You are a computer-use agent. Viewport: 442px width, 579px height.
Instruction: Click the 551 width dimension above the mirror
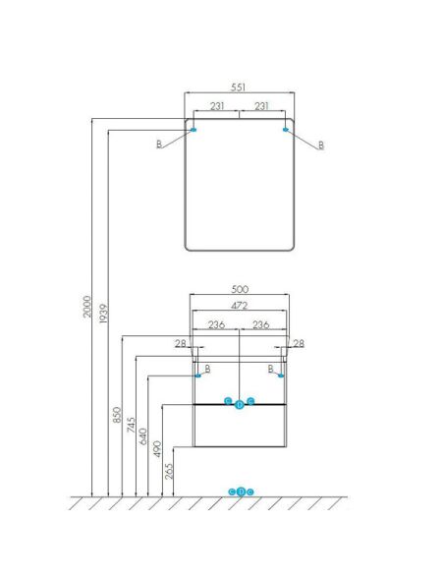coord(238,87)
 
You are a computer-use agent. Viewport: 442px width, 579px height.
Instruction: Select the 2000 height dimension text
coord(87,306)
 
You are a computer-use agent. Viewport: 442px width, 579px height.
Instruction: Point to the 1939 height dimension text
coord(104,314)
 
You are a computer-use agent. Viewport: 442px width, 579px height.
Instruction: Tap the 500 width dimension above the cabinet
coord(240,289)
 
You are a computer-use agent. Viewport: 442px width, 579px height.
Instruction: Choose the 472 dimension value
coord(240,306)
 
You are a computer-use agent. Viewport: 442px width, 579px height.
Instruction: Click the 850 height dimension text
coord(117,415)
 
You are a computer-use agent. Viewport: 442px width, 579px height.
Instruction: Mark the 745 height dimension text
coord(131,425)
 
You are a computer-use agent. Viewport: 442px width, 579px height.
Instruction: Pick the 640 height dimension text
coord(142,436)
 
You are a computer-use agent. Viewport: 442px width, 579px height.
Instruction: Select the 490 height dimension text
coord(157,448)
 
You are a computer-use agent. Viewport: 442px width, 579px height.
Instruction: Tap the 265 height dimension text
coord(169,471)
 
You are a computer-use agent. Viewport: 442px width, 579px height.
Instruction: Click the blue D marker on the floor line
coord(241,492)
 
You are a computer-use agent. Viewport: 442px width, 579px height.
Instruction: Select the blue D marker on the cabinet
coord(239,405)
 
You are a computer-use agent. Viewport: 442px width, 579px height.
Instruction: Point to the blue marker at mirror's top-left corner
coord(193,130)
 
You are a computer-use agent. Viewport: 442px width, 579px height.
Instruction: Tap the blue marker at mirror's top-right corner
coord(285,129)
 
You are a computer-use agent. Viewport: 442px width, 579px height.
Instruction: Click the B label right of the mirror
coord(321,145)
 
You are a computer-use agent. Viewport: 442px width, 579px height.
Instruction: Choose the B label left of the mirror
coord(159,144)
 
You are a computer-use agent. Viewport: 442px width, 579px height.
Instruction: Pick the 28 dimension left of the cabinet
coord(181,343)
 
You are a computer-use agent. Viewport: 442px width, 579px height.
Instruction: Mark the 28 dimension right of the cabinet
coord(299,343)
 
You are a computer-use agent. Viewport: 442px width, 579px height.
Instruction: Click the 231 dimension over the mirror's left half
coord(217,106)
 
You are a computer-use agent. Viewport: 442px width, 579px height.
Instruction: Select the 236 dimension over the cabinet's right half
coord(261,324)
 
